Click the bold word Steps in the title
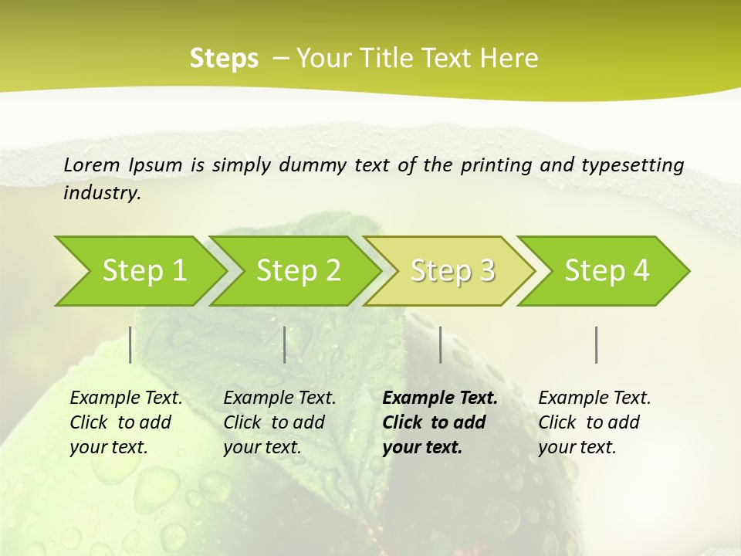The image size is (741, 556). (x=224, y=59)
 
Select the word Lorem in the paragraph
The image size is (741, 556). (x=92, y=164)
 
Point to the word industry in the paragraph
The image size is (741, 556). (x=101, y=193)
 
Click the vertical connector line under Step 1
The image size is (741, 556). (x=130, y=344)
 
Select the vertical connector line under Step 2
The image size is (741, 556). (x=285, y=344)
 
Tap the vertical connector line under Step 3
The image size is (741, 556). (x=440, y=344)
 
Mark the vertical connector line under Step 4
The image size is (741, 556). (x=596, y=344)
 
